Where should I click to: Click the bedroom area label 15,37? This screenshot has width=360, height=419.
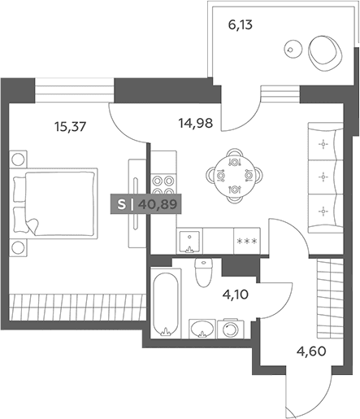(70, 127)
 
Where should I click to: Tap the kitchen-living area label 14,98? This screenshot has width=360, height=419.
(196, 123)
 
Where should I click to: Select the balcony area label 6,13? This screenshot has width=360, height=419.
(241, 25)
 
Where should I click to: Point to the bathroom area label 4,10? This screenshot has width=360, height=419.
(235, 295)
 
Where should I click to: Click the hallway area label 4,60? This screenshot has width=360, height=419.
(311, 351)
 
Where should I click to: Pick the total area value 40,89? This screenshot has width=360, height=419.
(158, 204)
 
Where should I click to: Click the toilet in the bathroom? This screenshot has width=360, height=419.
(204, 273)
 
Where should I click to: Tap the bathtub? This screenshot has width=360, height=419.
(166, 303)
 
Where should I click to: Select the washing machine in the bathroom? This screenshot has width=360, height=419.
(231, 330)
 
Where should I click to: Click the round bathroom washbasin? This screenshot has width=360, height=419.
(202, 329)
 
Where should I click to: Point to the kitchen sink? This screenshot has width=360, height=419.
(189, 242)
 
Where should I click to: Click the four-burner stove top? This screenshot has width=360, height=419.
(163, 184)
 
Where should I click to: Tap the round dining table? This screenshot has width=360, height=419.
(234, 176)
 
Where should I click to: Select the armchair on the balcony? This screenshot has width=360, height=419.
(326, 54)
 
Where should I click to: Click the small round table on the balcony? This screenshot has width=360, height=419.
(293, 49)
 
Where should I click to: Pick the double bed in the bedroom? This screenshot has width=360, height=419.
(54, 203)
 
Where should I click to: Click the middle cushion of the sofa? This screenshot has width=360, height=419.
(326, 177)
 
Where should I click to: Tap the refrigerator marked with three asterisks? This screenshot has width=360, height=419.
(247, 241)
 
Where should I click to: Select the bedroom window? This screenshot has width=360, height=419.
(75, 90)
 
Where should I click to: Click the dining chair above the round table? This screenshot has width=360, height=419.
(234, 152)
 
